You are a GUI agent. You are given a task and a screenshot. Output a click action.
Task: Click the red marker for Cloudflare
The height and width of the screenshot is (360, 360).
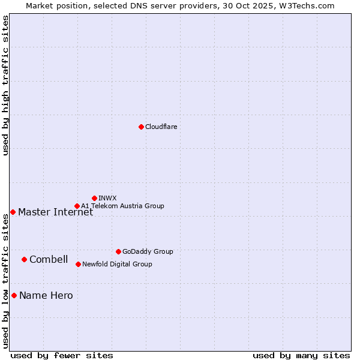pyautogui.click(x=141, y=127)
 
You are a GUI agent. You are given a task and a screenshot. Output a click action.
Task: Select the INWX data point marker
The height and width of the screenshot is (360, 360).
pyautogui.click(x=94, y=198)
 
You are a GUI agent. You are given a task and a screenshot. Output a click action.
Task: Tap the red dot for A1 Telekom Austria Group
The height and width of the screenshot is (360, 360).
pyautogui.click(x=77, y=206)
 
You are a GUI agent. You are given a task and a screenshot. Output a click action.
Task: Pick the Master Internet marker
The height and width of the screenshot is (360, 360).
pyautogui.click(x=13, y=212)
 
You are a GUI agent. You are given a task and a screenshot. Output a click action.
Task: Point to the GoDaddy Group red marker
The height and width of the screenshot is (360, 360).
pyautogui.click(x=118, y=251)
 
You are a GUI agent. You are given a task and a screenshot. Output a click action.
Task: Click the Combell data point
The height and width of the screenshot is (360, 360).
pyautogui.click(x=24, y=259)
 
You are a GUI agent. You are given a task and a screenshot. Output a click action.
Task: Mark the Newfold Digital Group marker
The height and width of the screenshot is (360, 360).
pyautogui.click(x=78, y=264)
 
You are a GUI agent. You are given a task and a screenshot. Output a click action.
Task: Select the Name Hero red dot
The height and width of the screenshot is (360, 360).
pyautogui.click(x=14, y=295)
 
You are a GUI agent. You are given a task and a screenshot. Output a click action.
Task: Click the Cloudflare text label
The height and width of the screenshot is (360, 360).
pyautogui.click(x=161, y=127)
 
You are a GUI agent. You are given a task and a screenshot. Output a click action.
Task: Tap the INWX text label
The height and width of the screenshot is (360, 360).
pyautogui.click(x=107, y=198)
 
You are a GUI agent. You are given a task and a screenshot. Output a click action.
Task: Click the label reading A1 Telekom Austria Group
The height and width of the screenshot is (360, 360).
pyautogui.click(x=122, y=206)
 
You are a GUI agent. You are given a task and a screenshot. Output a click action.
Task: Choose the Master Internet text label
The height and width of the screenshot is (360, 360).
pyautogui.click(x=55, y=212)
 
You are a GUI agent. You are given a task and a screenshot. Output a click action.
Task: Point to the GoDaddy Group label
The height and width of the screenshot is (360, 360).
pyautogui.click(x=148, y=251)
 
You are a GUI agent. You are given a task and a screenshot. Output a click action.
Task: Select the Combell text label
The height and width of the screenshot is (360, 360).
pyautogui.click(x=49, y=259)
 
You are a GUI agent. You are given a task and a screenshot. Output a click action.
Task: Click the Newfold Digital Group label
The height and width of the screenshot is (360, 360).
pyautogui.click(x=117, y=264)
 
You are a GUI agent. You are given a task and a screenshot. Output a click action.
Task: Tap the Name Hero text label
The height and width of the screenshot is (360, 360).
pyautogui.click(x=46, y=295)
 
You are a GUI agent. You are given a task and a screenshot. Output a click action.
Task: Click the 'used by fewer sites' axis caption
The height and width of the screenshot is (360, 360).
pyautogui.click(x=62, y=355)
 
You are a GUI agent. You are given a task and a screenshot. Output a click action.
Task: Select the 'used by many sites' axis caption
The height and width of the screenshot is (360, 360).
pyautogui.click(x=301, y=355)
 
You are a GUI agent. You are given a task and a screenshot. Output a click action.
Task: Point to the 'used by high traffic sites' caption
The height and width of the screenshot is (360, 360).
pyautogui.click(x=5, y=85)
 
